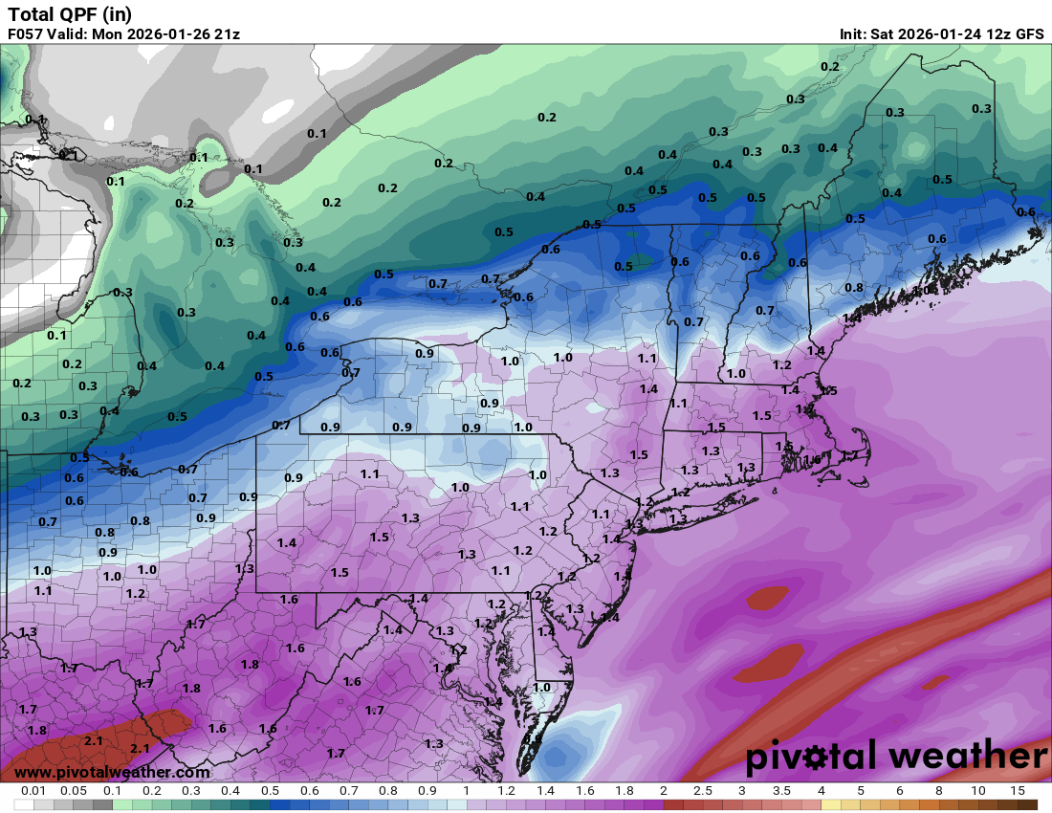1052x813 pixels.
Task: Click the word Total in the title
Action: tap(31, 13)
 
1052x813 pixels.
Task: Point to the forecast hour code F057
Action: tap(26, 33)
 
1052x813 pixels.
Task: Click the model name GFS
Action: tap(1029, 33)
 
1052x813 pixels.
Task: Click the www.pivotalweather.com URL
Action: tap(112, 772)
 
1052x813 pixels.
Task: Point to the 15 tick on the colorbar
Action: tap(1018, 792)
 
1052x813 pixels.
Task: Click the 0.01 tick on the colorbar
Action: tap(33, 792)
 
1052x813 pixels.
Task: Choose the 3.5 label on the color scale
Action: tap(781, 792)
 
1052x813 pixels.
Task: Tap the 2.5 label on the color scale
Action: tap(703, 792)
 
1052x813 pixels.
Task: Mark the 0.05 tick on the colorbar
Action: tap(73, 792)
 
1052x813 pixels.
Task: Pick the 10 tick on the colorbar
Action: tap(978, 792)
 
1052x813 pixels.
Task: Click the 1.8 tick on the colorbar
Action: tap(624, 792)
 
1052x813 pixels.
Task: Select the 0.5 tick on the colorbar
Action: tap(270, 792)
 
